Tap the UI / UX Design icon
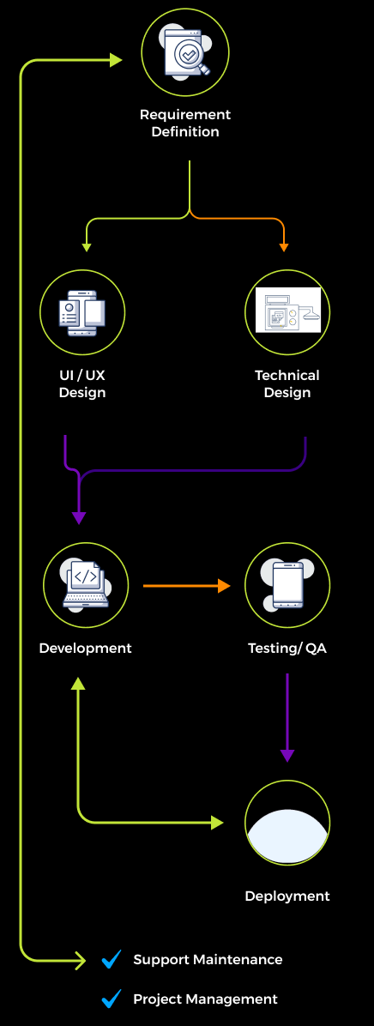pos(82,312)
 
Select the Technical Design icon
pos(287,312)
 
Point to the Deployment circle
pos(287,823)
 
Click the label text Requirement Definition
pos(185,124)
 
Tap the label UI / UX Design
pos(82,384)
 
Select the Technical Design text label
pos(287,384)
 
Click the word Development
pos(85,649)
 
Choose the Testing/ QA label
pos(287,649)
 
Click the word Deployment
pos(287,896)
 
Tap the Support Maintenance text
pos(208,960)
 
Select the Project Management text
pos(205,999)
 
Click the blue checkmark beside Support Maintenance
pos(112,960)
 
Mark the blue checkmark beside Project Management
pos(112,999)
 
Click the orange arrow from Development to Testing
pos(187,586)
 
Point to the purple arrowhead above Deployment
pos(287,755)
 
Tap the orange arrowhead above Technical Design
pos(284,247)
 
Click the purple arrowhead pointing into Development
pos(79,517)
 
